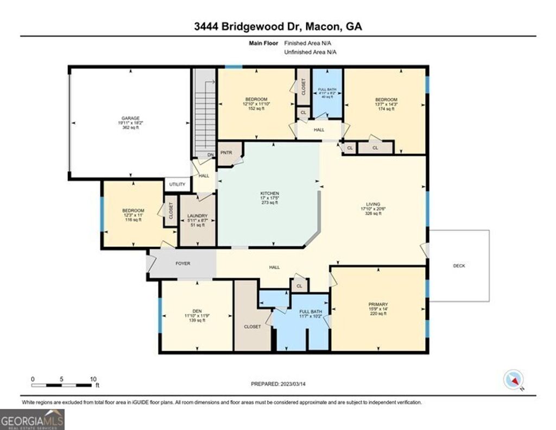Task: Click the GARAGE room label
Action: pos(130,118)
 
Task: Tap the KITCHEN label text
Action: pos(270,194)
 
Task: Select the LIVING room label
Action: pos(373,204)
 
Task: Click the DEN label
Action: pos(197,311)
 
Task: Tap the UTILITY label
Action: pos(178,185)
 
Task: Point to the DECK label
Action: pos(459,266)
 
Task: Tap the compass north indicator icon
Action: pos(514,379)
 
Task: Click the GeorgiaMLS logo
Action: pos(32,419)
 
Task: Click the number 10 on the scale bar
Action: pos(93,379)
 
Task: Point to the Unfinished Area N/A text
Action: pos(311,52)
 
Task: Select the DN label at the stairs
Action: pos(210,155)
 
